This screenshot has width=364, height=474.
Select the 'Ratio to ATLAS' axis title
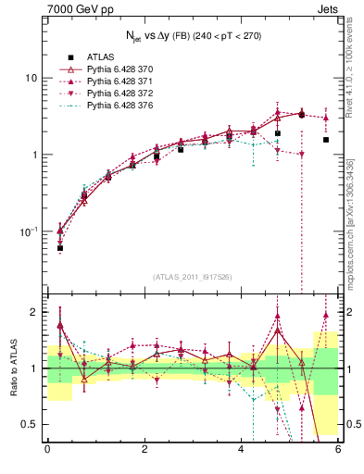13,368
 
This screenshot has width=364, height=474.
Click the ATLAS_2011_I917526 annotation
192,277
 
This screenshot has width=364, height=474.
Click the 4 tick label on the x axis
242,450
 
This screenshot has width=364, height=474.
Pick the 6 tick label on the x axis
338,450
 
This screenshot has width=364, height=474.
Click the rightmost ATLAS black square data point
326,140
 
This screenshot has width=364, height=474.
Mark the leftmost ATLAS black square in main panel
60,248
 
